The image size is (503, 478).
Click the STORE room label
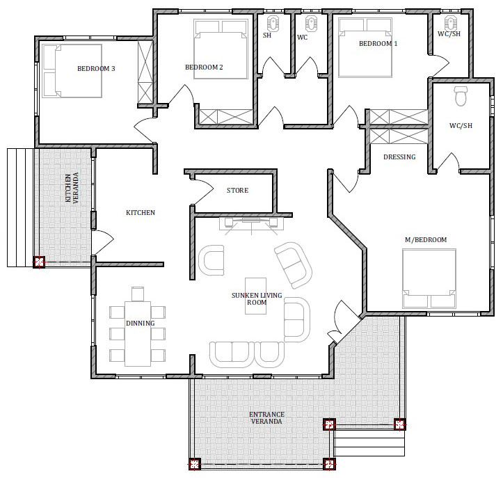237,190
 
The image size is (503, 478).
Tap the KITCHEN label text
141,212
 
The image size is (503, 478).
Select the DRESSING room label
399,157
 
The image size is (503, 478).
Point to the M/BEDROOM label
426,239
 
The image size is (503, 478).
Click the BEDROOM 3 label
96,68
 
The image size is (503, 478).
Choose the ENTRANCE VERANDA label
266,417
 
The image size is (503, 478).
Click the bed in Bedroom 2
221,49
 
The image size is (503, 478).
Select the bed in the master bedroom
429,279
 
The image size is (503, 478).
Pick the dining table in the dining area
138,333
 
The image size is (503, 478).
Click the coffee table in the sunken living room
255,296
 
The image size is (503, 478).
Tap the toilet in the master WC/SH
461,95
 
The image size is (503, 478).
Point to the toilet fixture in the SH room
273,23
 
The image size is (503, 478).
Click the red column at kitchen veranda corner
39,262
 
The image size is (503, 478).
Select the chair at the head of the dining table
138,294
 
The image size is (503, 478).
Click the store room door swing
202,191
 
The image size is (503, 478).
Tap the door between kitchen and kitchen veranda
103,243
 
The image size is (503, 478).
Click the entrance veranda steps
369,443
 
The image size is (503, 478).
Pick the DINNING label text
140,323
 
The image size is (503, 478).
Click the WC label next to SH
302,37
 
